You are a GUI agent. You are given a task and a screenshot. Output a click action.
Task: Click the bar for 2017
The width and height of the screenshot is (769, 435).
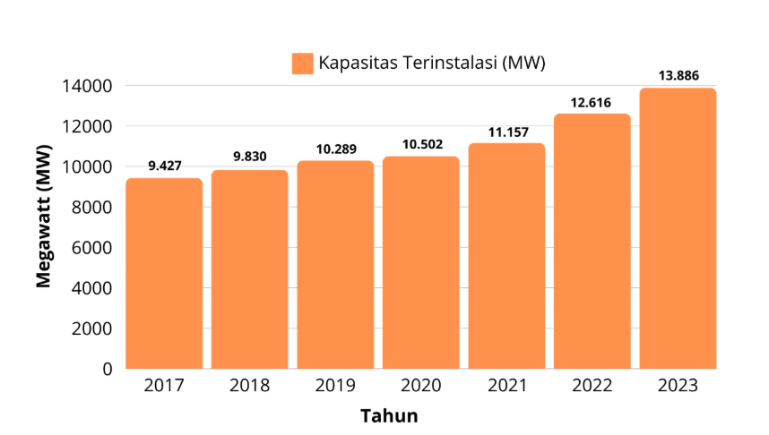pyautogui.click(x=164, y=273)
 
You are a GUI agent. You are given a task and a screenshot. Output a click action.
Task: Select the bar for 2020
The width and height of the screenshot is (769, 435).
pyautogui.click(x=421, y=262)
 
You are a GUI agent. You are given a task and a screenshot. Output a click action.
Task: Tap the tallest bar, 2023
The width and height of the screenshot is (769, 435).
pyautogui.click(x=678, y=228)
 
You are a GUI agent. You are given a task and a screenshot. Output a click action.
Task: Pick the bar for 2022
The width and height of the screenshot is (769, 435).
pyautogui.click(x=592, y=241)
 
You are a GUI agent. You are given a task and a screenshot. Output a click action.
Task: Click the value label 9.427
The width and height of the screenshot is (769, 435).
pyautogui.click(x=164, y=166)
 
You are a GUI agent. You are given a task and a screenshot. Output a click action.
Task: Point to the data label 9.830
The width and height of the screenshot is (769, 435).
pyautogui.click(x=249, y=157)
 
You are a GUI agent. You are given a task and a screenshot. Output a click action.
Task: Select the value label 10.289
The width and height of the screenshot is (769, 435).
pyautogui.click(x=335, y=148)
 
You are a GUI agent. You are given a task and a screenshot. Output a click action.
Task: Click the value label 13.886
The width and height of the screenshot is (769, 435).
pyautogui.click(x=678, y=75)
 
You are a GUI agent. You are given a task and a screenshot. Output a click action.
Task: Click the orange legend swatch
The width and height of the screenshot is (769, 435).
pyautogui.click(x=302, y=64)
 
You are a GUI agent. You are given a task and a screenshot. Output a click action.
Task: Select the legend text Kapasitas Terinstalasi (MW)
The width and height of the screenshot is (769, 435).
pyautogui.click(x=432, y=64)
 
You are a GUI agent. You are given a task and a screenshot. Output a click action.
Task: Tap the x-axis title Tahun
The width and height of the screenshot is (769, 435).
pyautogui.click(x=389, y=416)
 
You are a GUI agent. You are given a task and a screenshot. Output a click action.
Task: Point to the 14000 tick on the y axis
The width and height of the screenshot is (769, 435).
pyautogui.click(x=87, y=87)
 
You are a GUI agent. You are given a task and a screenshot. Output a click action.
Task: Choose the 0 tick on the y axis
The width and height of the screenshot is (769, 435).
pyautogui.click(x=107, y=369)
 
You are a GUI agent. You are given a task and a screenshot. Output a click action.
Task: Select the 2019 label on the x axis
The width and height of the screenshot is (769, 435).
pyautogui.click(x=335, y=387)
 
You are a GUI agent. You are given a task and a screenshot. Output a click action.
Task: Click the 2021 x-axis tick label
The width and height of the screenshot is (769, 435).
pyautogui.click(x=506, y=387)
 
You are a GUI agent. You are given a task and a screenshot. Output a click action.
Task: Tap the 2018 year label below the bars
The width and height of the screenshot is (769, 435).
pyautogui.click(x=249, y=387)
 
